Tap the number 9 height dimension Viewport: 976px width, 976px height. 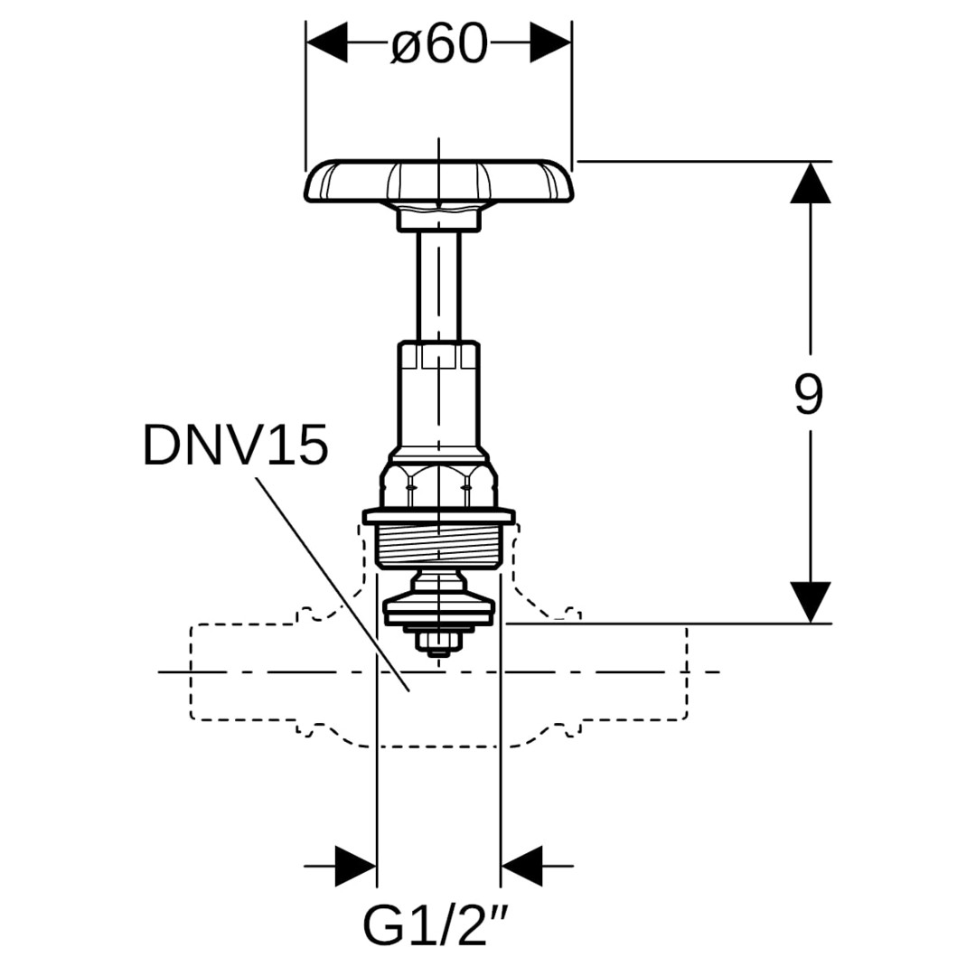(809, 394)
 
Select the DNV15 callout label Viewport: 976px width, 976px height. (235, 446)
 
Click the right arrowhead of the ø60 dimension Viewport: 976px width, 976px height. (550, 43)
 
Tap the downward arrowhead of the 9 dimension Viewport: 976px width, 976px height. (810, 602)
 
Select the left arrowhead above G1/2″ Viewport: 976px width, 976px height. (355, 866)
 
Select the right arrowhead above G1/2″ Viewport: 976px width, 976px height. (521, 866)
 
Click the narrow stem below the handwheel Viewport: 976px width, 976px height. (439, 285)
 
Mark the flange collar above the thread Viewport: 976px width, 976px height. (439, 517)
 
